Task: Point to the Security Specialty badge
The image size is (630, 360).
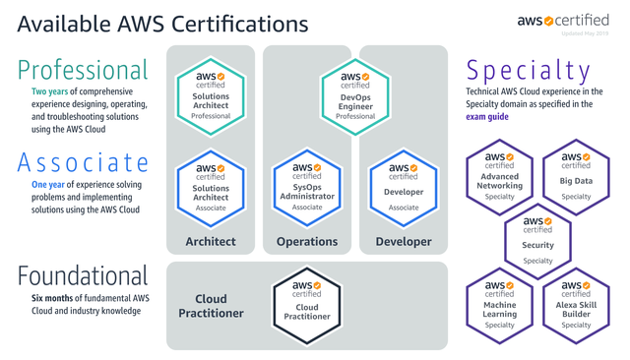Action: point(538,240)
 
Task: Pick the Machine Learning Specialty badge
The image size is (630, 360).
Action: point(500,304)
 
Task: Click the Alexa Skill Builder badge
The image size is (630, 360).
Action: point(577,304)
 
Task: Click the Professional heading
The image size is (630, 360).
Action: point(83,71)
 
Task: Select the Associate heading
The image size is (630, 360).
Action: point(83,162)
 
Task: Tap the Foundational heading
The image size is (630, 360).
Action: point(83,274)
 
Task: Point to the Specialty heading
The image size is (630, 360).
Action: point(529,71)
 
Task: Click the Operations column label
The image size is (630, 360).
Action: point(307,241)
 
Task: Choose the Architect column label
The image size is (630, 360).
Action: point(211,241)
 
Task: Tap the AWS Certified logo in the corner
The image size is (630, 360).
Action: point(564,21)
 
